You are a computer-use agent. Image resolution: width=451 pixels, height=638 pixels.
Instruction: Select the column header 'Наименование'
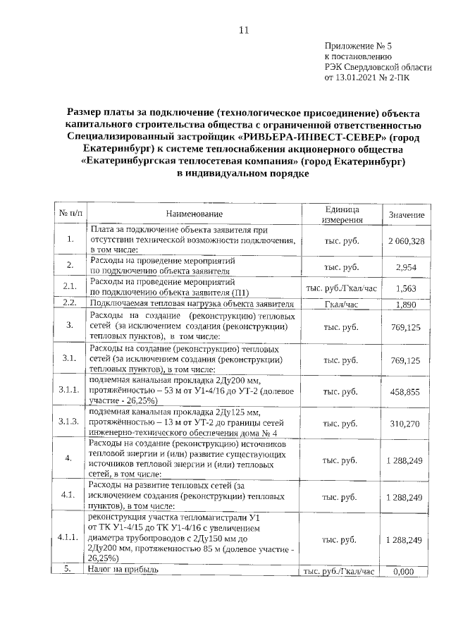(194, 214)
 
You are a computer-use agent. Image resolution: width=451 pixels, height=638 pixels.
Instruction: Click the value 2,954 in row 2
(408, 266)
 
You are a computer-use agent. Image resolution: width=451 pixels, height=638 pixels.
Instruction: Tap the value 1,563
(407, 289)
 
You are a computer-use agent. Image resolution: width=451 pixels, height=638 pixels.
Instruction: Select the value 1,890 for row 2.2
(407, 305)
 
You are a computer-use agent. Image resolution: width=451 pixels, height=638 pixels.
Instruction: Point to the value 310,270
(406, 424)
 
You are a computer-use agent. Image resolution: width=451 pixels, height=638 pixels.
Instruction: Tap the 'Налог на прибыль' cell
(124, 570)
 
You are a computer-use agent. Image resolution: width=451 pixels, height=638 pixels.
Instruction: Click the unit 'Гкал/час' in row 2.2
(342, 305)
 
